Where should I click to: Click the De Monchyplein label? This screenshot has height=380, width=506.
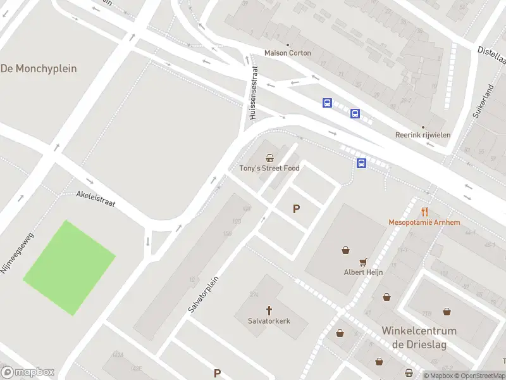(x=39, y=68)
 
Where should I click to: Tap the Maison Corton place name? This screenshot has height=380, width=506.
(x=288, y=53)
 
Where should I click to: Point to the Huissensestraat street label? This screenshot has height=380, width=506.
(x=253, y=94)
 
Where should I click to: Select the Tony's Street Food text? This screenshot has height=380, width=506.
(x=269, y=168)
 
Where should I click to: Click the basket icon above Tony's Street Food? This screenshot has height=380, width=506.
(x=269, y=158)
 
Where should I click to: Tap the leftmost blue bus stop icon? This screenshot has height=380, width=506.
(x=327, y=103)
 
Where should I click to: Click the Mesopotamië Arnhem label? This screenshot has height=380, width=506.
(x=424, y=222)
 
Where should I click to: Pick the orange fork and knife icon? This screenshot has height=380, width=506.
(x=425, y=212)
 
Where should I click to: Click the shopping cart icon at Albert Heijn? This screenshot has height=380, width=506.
(x=363, y=262)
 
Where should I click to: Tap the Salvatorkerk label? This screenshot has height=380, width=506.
(x=269, y=321)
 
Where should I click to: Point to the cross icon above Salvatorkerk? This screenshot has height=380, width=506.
(x=269, y=310)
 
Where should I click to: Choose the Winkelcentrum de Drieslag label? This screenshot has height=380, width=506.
(x=419, y=337)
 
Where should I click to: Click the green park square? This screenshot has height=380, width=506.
(x=69, y=267)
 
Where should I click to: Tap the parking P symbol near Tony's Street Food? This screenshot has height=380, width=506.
(x=295, y=209)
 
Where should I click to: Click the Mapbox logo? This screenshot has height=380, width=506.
(x=28, y=372)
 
